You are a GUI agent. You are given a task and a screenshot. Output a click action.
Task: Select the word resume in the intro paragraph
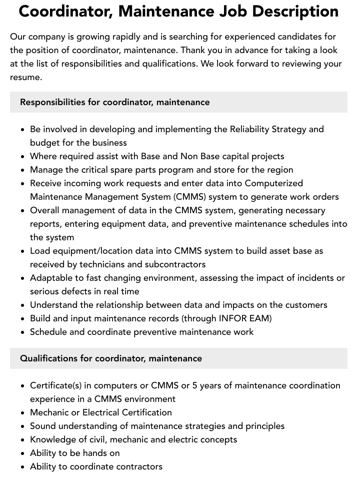point(26,77)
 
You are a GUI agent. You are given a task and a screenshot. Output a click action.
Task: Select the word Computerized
point(273,183)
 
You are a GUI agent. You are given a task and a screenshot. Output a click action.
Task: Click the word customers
point(306,305)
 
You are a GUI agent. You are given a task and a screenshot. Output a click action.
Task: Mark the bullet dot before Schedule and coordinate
point(23,332)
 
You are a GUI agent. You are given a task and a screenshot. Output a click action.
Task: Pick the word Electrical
point(104,412)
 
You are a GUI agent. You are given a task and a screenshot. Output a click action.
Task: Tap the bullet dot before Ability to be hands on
point(23,453)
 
